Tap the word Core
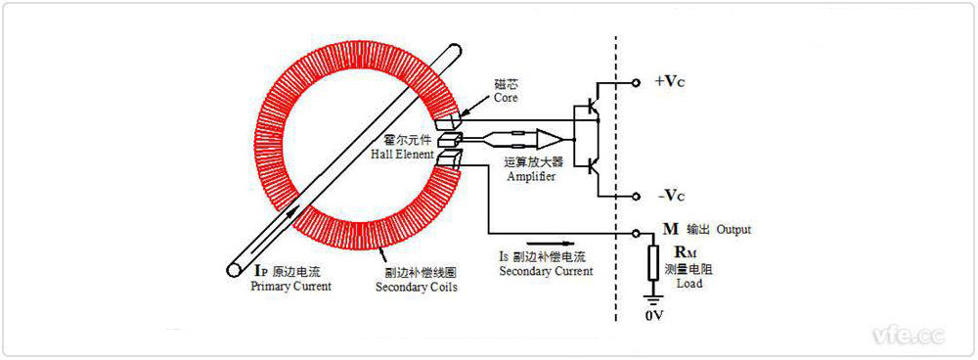click(x=506, y=98)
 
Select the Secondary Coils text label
click(x=416, y=288)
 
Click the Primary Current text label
click(x=290, y=287)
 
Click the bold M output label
click(x=670, y=230)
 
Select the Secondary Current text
click(x=545, y=271)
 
